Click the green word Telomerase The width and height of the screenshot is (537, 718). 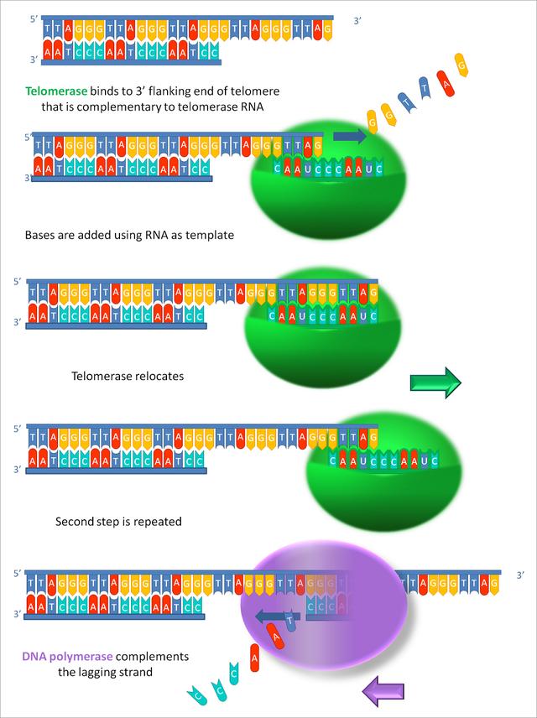click(x=56, y=91)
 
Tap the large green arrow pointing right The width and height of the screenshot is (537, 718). click(x=435, y=382)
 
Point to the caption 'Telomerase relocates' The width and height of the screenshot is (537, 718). click(x=128, y=376)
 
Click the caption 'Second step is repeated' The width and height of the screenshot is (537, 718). click(x=118, y=522)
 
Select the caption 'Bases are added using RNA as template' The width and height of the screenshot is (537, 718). click(x=130, y=236)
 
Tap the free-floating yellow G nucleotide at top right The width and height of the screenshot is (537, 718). click(x=461, y=65)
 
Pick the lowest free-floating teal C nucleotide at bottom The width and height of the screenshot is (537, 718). click(x=197, y=695)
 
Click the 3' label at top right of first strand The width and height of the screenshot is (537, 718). click(x=357, y=21)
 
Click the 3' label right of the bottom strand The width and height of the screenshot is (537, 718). click(x=520, y=575)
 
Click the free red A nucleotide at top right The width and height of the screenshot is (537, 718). click(x=443, y=82)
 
